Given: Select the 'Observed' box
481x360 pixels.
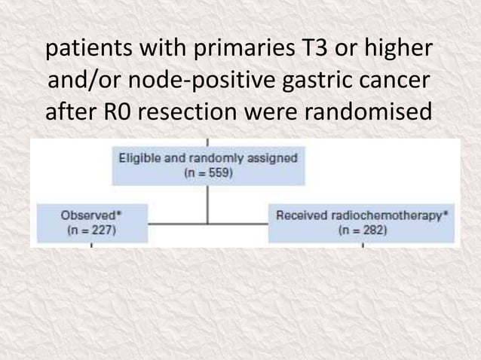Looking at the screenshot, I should [88, 222].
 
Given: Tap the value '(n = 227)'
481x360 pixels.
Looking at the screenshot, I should [88, 230].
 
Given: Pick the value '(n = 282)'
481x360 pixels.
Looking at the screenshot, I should [363, 230].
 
